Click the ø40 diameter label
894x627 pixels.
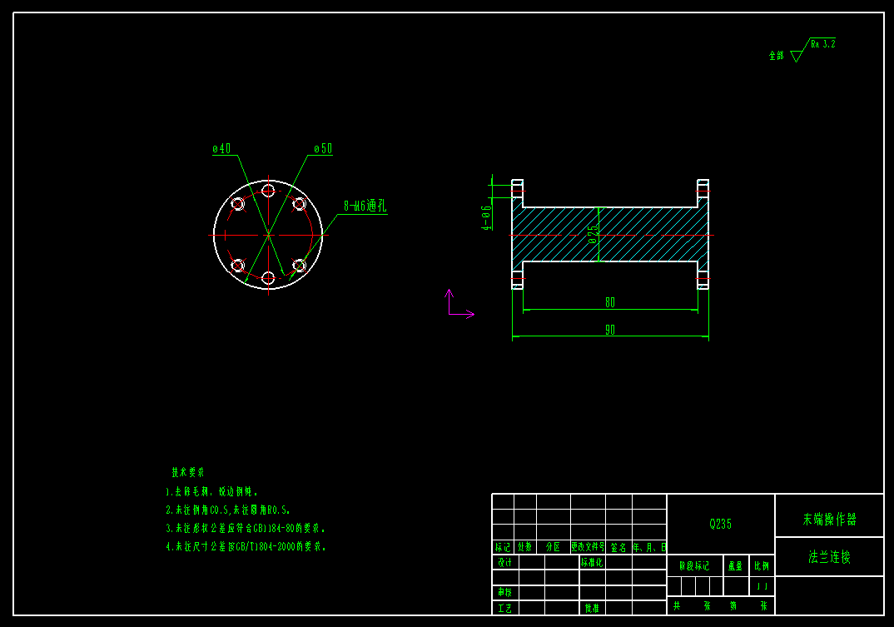coord(221,149)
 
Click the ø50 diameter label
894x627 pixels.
coord(323,149)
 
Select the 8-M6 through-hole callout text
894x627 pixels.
coord(365,206)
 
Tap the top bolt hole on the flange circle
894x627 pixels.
coord(268,191)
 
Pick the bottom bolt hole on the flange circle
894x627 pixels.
coord(268,277)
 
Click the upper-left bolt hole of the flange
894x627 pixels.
coord(237,204)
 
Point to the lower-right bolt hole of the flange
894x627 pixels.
coord(299,266)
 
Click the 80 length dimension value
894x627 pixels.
coord(610,302)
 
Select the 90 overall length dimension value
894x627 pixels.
coord(610,330)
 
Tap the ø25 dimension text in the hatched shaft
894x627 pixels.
coord(593,234)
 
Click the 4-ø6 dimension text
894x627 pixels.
coord(487,217)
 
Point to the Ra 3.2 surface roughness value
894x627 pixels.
coord(822,43)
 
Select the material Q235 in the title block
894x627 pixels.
coord(720,524)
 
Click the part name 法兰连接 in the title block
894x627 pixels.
coord(829,557)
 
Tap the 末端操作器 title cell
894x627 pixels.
coord(829,520)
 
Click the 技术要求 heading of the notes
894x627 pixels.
coord(188,472)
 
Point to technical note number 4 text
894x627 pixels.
coord(246,547)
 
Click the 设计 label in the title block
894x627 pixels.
coord(504,562)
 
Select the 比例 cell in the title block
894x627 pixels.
coord(762,566)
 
